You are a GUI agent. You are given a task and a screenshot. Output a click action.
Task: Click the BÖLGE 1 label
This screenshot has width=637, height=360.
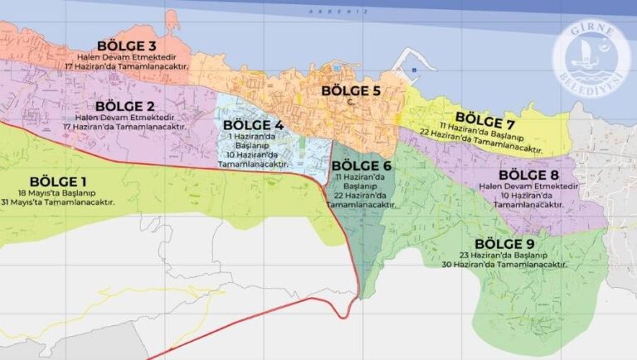[x=58, y=182]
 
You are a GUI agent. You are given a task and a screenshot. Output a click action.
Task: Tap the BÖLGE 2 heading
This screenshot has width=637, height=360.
[x=125, y=106]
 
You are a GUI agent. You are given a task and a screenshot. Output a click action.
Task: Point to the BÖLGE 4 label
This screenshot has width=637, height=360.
[x=254, y=125]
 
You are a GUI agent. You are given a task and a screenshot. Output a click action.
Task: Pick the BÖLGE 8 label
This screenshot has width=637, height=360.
[x=528, y=175]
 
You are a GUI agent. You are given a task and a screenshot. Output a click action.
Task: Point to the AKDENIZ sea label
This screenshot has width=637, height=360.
[x=325, y=11]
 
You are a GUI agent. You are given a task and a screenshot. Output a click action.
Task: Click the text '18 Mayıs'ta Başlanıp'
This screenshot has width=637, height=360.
[x=58, y=192]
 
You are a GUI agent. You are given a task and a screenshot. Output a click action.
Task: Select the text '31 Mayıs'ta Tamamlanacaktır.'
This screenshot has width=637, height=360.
[x=58, y=202]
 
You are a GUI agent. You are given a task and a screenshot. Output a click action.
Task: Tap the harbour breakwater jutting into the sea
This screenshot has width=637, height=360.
[x=406, y=63]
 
